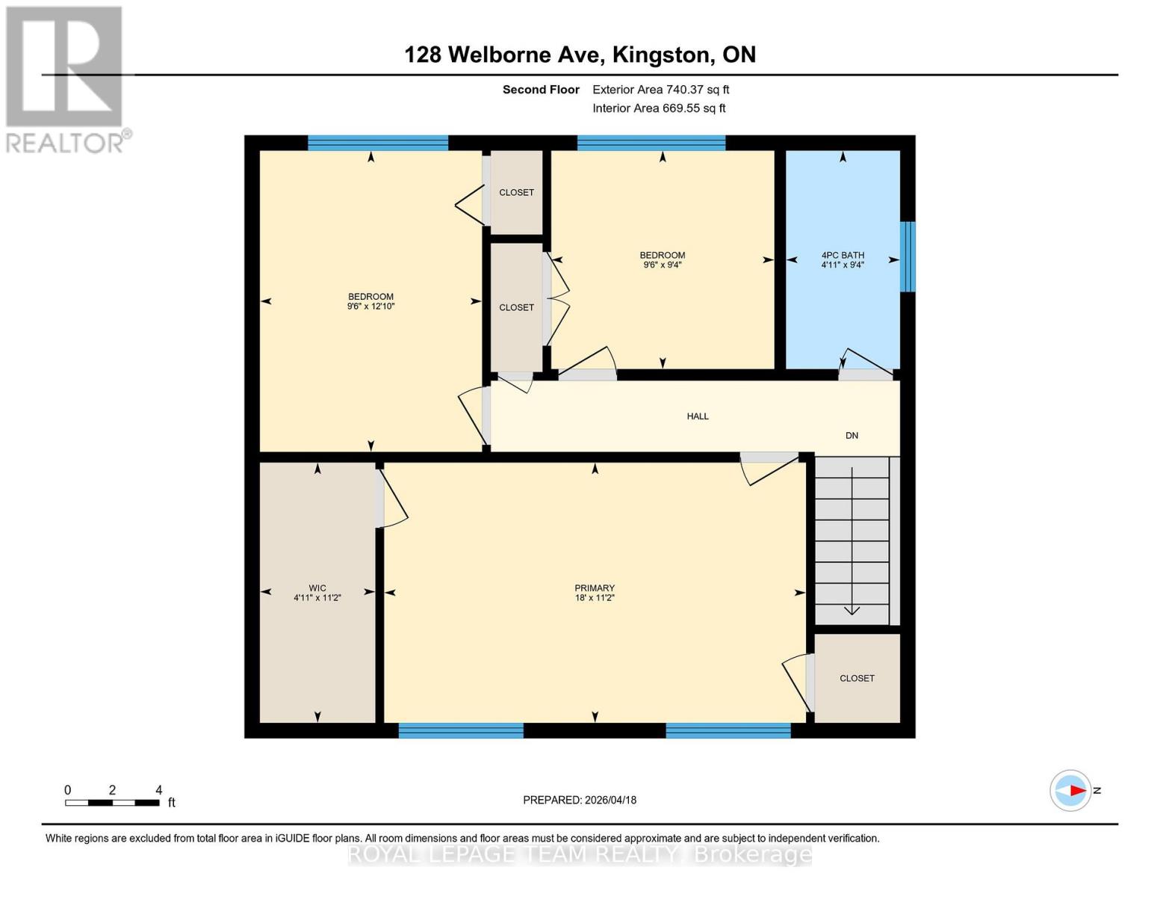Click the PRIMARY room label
click(x=595, y=588)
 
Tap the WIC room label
click(x=317, y=588)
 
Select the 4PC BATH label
click(x=843, y=255)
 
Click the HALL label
click(x=698, y=416)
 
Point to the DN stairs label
click(x=852, y=435)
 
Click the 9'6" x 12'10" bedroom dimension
click(x=370, y=306)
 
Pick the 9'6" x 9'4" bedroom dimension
click(x=662, y=265)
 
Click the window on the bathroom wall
click(x=908, y=256)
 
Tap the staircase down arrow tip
click(x=852, y=612)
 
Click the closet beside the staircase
click(x=857, y=679)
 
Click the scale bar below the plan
click(x=112, y=803)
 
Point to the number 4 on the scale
click(x=158, y=789)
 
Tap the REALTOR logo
click(x=65, y=78)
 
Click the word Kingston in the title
click(x=660, y=55)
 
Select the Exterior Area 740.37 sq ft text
click(x=660, y=90)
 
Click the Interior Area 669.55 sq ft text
click(x=659, y=108)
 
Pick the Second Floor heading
click(x=541, y=90)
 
